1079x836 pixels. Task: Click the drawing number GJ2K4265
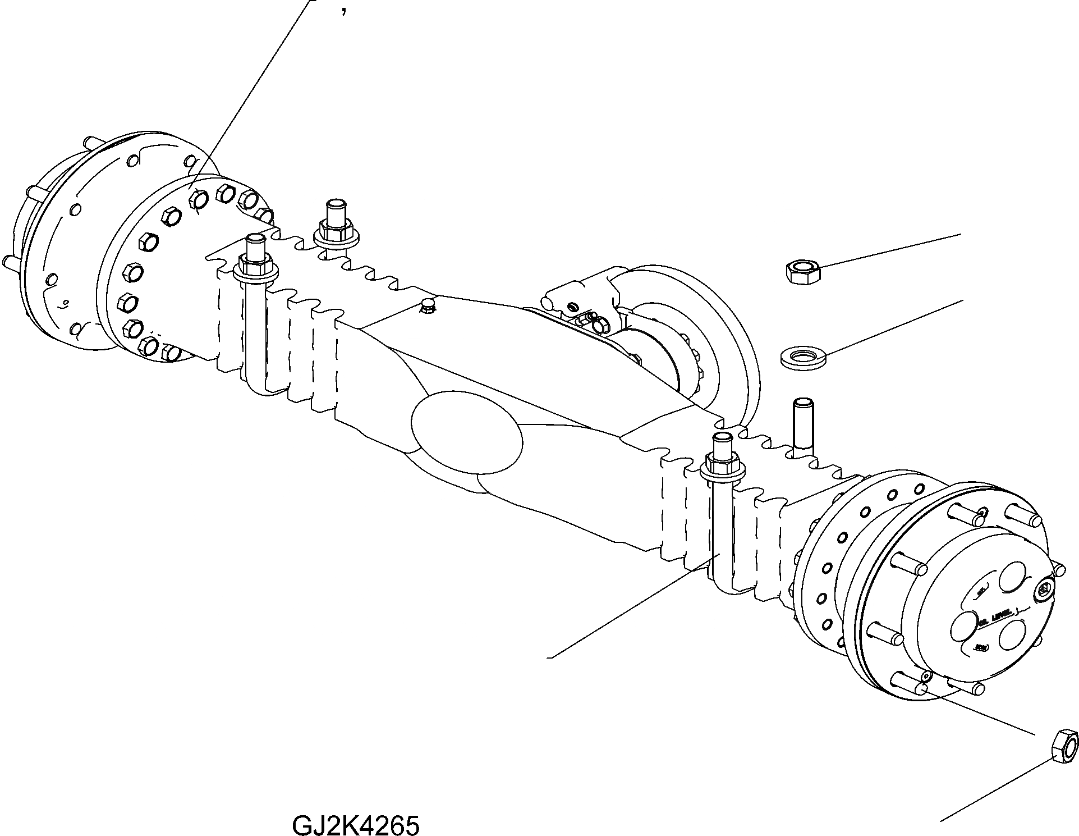355,810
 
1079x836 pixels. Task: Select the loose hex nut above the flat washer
802,272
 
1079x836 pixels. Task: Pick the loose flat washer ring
803,357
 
